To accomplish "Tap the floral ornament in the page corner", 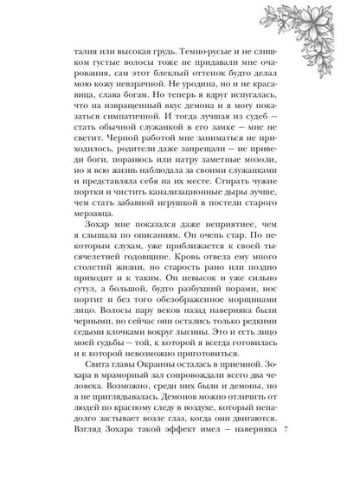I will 325,31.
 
